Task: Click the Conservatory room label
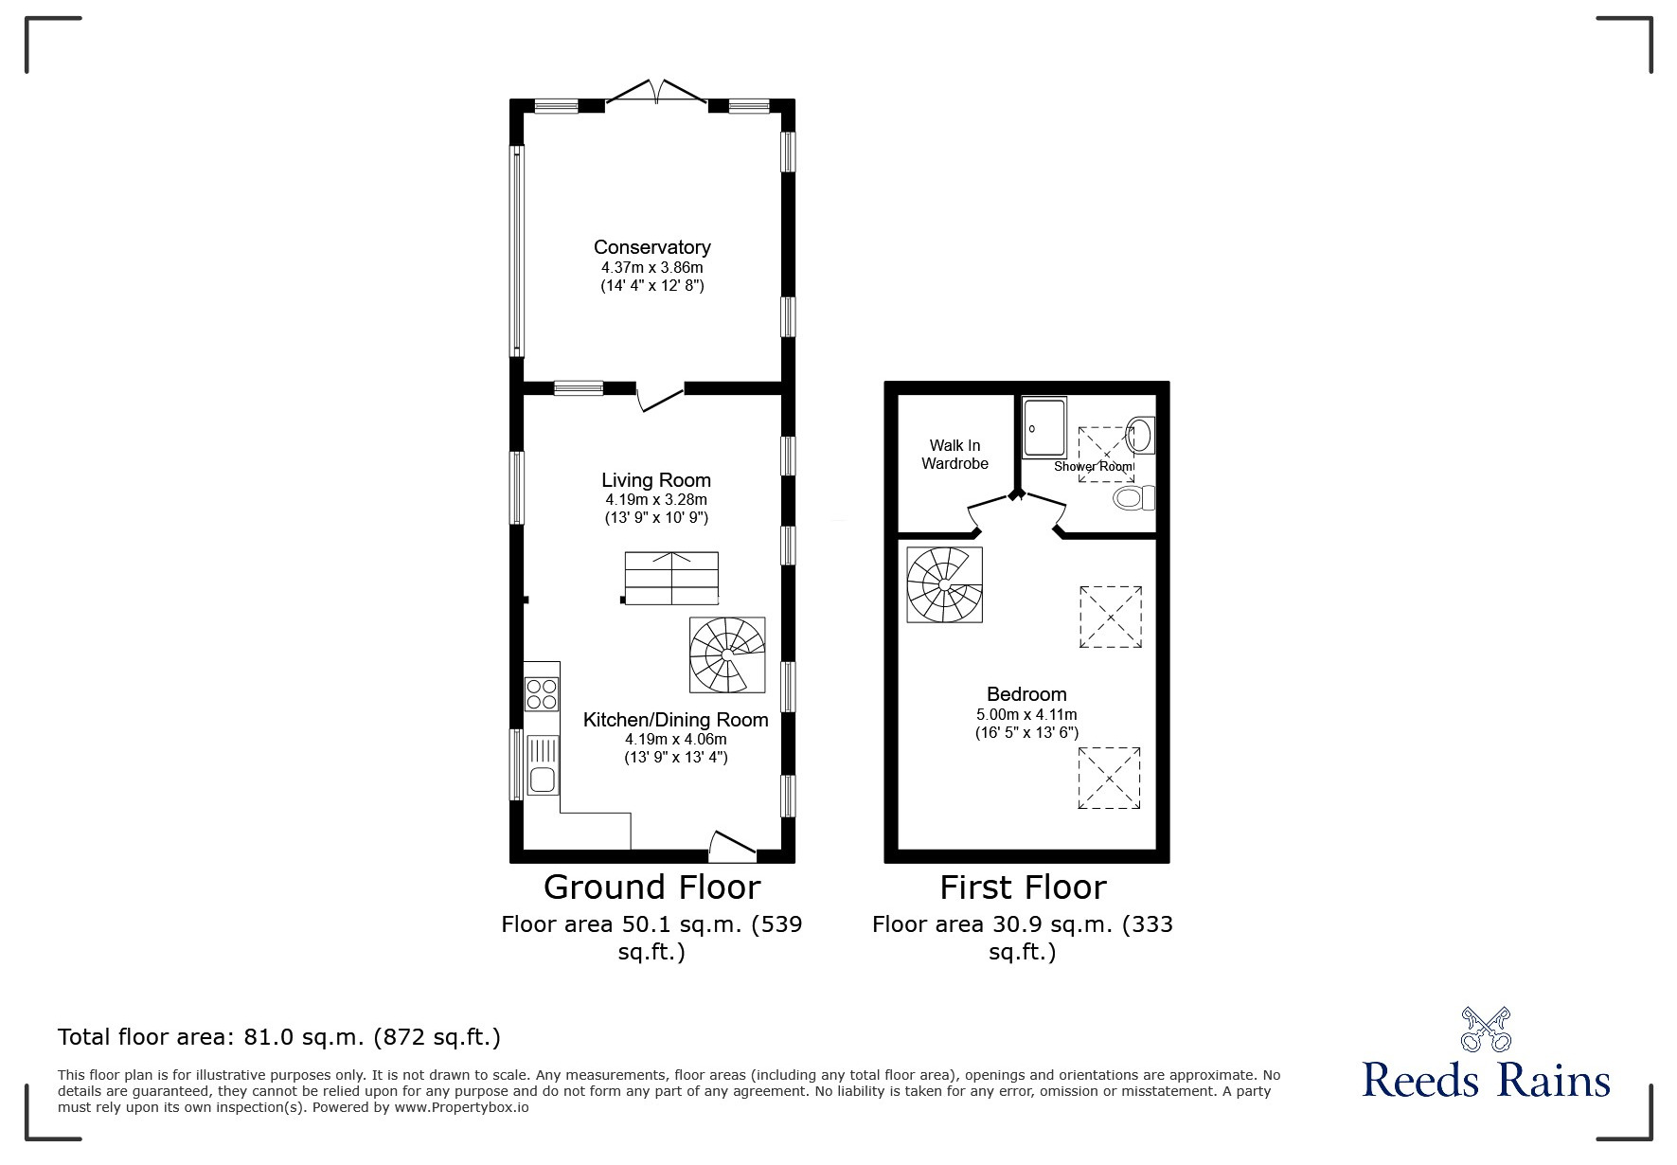click(651, 247)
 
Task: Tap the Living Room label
click(656, 480)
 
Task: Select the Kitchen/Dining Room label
click(675, 720)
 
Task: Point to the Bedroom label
click(1026, 694)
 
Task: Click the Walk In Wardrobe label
click(954, 455)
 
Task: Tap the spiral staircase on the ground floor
click(727, 654)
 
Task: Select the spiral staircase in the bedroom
click(944, 585)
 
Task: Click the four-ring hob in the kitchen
click(542, 694)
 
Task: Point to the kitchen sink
click(543, 765)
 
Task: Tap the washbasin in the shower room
click(1141, 435)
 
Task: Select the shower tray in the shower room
click(1044, 428)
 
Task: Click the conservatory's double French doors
click(656, 93)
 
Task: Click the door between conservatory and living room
click(660, 397)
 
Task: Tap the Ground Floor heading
click(651, 887)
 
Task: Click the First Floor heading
click(1023, 887)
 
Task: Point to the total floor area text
click(279, 1037)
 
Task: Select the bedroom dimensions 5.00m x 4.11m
click(1026, 715)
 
